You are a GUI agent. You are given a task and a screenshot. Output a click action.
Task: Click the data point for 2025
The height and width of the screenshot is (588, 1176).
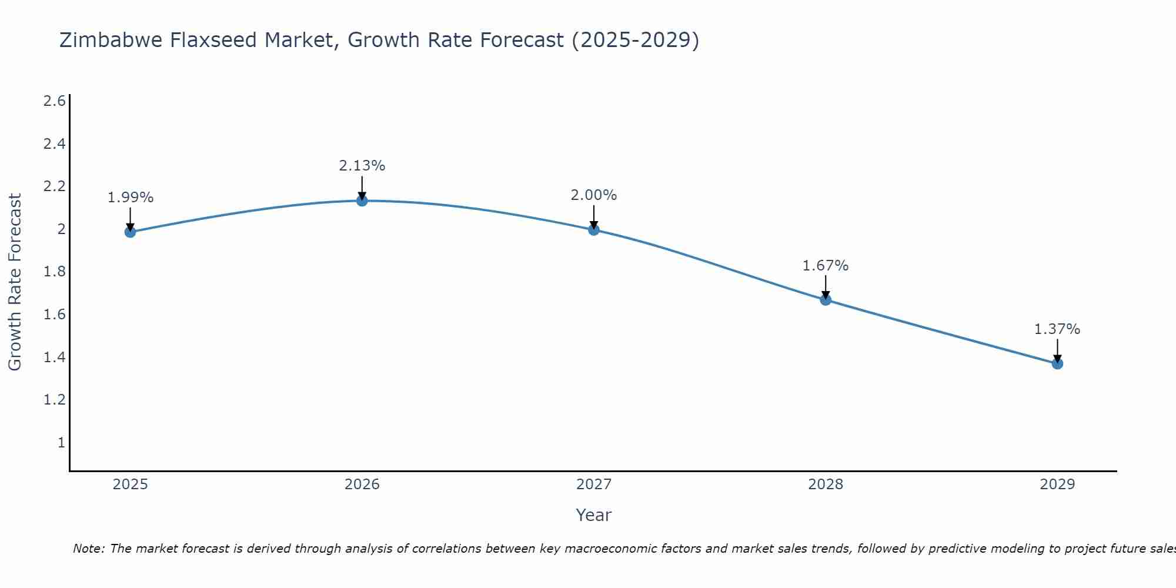point(131,232)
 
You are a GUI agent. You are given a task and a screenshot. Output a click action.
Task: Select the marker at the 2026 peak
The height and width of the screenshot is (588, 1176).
point(362,201)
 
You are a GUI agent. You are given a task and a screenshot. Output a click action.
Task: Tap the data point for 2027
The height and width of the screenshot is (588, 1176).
point(594,230)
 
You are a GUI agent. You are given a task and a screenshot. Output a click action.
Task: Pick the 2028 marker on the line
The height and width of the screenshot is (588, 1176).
point(826,300)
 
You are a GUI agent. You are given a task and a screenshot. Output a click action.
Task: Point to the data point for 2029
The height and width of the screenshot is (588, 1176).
point(1057,363)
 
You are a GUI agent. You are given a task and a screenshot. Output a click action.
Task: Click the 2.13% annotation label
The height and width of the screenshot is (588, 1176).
point(362,166)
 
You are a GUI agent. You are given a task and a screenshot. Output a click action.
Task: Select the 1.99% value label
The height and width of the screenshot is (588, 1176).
point(131,198)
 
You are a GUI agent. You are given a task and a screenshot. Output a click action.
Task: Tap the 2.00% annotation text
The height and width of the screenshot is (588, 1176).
point(594,195)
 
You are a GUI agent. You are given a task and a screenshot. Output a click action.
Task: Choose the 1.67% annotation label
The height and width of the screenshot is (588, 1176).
point(826,266)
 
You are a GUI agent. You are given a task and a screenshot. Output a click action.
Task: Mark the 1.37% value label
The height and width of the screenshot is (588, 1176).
point(1057,329)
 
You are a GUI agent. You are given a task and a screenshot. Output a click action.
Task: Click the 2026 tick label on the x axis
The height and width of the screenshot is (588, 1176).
point(362,485)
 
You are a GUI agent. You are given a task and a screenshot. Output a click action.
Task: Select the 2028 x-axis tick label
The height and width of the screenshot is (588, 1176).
point(826,485)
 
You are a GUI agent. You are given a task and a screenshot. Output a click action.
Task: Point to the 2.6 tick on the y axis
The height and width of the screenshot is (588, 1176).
point(54,101)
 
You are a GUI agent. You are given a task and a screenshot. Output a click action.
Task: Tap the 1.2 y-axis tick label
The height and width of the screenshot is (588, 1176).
point(54,400)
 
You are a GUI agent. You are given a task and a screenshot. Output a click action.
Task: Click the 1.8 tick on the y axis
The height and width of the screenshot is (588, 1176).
point(54,272)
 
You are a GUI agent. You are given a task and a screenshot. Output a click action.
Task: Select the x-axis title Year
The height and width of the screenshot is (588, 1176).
point(594,515)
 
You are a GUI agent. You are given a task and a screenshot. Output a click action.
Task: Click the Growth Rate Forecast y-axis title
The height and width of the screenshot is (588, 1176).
point(15,282)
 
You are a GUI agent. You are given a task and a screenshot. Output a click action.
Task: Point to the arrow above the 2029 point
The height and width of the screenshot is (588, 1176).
point(1057,351)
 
